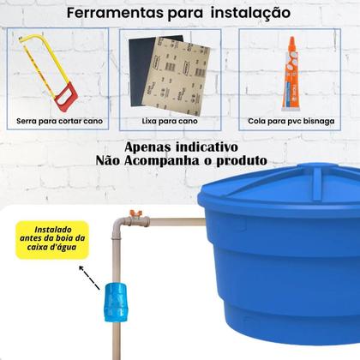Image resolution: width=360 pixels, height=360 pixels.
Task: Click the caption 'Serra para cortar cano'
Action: coord(59,121)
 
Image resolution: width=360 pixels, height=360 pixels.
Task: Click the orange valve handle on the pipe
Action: coord(133,213)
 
